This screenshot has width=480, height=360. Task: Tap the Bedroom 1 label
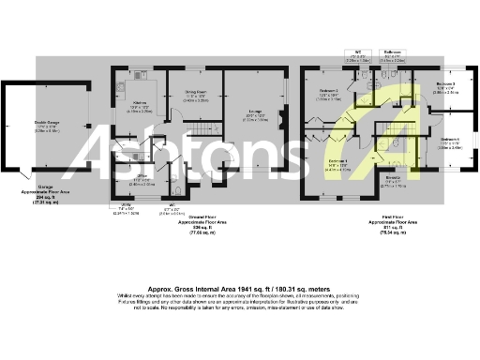pos(337,162)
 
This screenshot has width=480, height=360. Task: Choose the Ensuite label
pos(393,177)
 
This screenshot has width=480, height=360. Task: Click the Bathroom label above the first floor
pos(395,52)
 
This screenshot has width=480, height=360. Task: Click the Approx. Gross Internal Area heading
pos(240,289)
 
